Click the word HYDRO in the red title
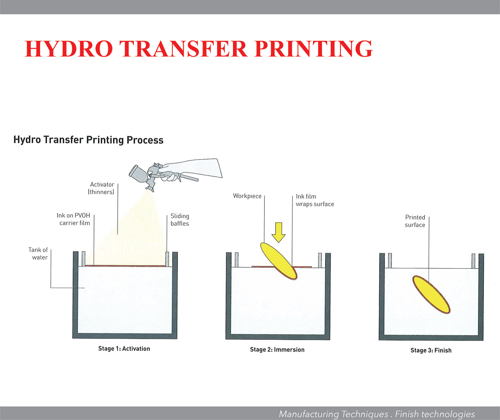(x=69, y=49)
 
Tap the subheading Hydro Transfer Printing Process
(x=88, y=140)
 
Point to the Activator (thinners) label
(x=102, y=188)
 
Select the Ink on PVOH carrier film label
(x=74, y=219)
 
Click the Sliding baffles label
(x=180, y=220)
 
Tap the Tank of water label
(x=39, y=253)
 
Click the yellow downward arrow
(x=278, y=232)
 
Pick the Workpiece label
(x=247, y=196)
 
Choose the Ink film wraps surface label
(x=315, y=200)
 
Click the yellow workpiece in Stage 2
(x=278, y=261)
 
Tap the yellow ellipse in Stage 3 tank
(x=431, y=294)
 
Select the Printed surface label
(x=415, y=221)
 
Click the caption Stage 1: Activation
(x=124, y=349)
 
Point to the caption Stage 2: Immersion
(x=277, y=349)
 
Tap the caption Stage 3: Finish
(x=431, y=350)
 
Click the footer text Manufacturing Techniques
(x=334, y=414)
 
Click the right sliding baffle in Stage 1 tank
(x=167, y=259)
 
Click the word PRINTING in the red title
(x=314, y=49)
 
